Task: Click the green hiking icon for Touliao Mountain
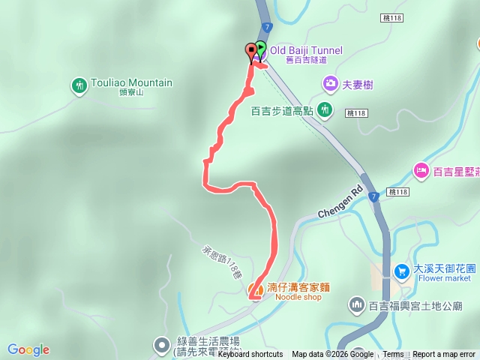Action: coord(79,86)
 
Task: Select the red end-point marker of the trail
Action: coord(250,51)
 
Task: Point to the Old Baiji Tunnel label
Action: coord(306,50)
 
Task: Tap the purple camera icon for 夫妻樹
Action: coord(330,84)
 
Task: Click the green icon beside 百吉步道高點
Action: coord(325,110)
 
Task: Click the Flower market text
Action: coord(445,278)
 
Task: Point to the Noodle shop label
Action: coord(298,297)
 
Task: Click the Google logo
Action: coord(28,349)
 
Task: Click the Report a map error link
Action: coord(444,355)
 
